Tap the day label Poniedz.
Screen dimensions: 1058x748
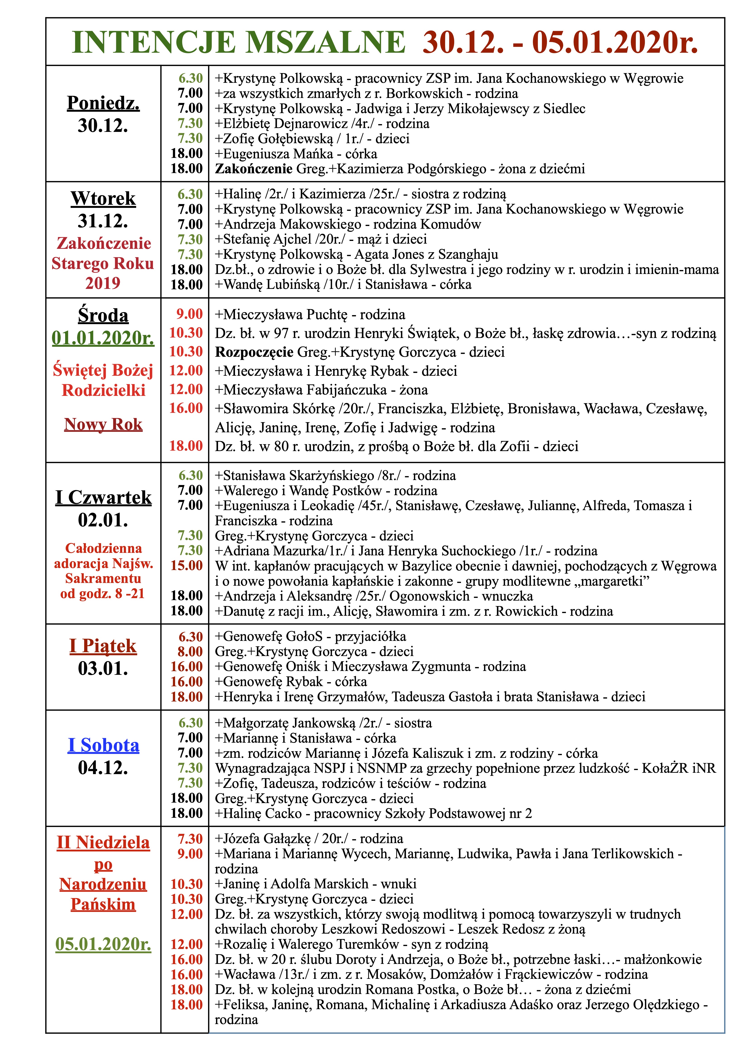103,103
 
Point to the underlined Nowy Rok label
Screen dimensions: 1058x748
103,424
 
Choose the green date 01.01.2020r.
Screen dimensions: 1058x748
103,338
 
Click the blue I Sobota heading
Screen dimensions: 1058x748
103,745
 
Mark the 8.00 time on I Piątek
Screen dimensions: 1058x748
190,651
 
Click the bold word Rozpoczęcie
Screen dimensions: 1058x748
254,352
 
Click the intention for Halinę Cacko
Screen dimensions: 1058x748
373,813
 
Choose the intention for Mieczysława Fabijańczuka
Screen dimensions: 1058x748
321,390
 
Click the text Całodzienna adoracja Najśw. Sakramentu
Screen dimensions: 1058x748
103,563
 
